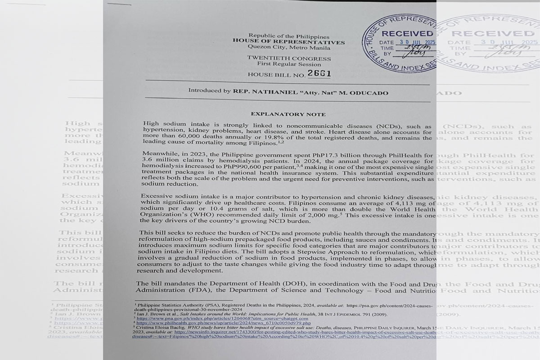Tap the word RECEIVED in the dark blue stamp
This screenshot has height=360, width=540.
click(x=404, y=34)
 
